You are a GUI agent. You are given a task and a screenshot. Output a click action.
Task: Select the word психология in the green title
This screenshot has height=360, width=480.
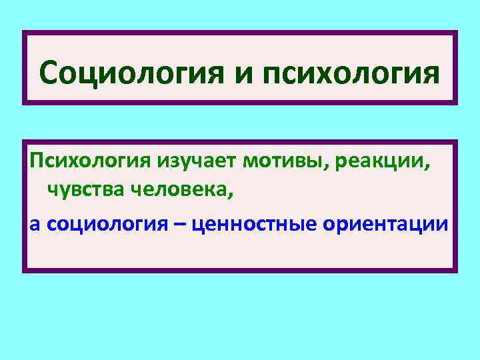(x=347, y=74)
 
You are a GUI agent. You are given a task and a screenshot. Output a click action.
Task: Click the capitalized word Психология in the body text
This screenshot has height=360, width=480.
(x=90, y=162)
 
